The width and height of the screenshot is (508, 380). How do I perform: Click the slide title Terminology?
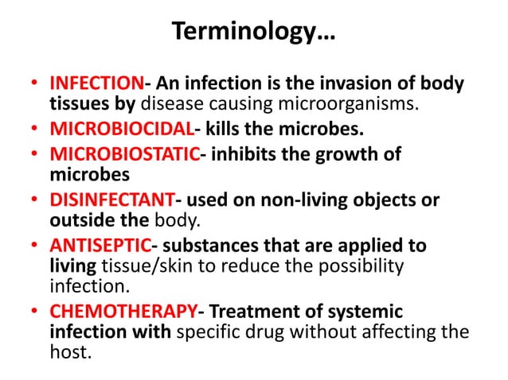click(254, 33)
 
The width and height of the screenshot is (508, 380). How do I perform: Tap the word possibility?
click(363, 265)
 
